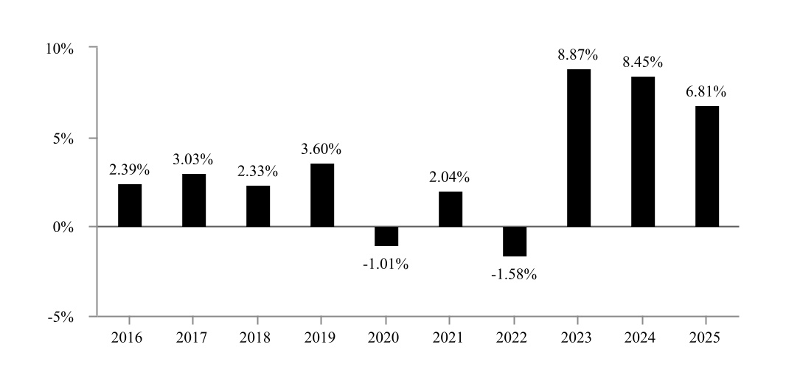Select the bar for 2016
(130, 206)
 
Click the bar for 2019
(322, 195)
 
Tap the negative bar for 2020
(386, 236)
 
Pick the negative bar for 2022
(515, 241)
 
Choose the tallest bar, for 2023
(579, 148)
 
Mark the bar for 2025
(706, 167)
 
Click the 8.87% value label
(578, 55)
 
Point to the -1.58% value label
(514, 275)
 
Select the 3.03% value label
(193, 159)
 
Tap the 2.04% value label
(450, 177)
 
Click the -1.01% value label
(386, 264)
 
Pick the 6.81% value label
(706, 92)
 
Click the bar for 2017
(194, 200)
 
